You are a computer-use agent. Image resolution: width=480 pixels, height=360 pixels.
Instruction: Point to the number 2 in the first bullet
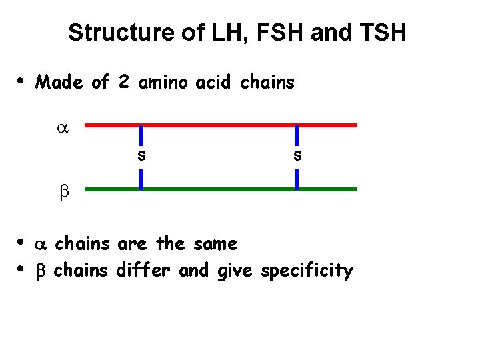(123, 83)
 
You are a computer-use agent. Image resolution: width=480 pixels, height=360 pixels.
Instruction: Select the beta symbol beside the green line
(65, 191)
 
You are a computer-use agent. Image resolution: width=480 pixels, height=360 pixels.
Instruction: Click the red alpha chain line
(220, 125)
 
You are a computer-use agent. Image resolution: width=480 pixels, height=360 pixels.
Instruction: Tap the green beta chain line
(220, 189)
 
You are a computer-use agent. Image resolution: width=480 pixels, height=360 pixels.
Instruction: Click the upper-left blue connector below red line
(140, 135)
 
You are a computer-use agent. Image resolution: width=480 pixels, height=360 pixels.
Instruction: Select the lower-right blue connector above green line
(297, 179)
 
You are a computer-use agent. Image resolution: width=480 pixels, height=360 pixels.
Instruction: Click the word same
(215, 244)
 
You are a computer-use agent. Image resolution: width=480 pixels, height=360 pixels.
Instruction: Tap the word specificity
(307, 271)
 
